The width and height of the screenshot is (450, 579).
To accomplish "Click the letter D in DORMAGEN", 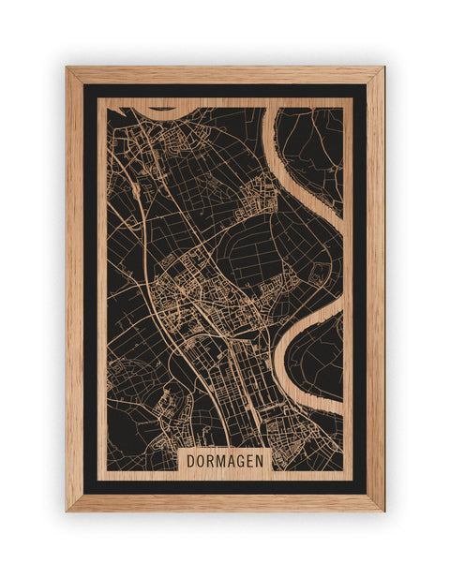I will [x=190, y=461].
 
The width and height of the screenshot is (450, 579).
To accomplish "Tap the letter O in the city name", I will [x=202, y=461].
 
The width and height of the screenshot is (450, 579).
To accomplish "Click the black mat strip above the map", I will [x=225, y=91].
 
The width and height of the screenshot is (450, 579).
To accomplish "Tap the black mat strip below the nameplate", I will [x=225, y=487].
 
